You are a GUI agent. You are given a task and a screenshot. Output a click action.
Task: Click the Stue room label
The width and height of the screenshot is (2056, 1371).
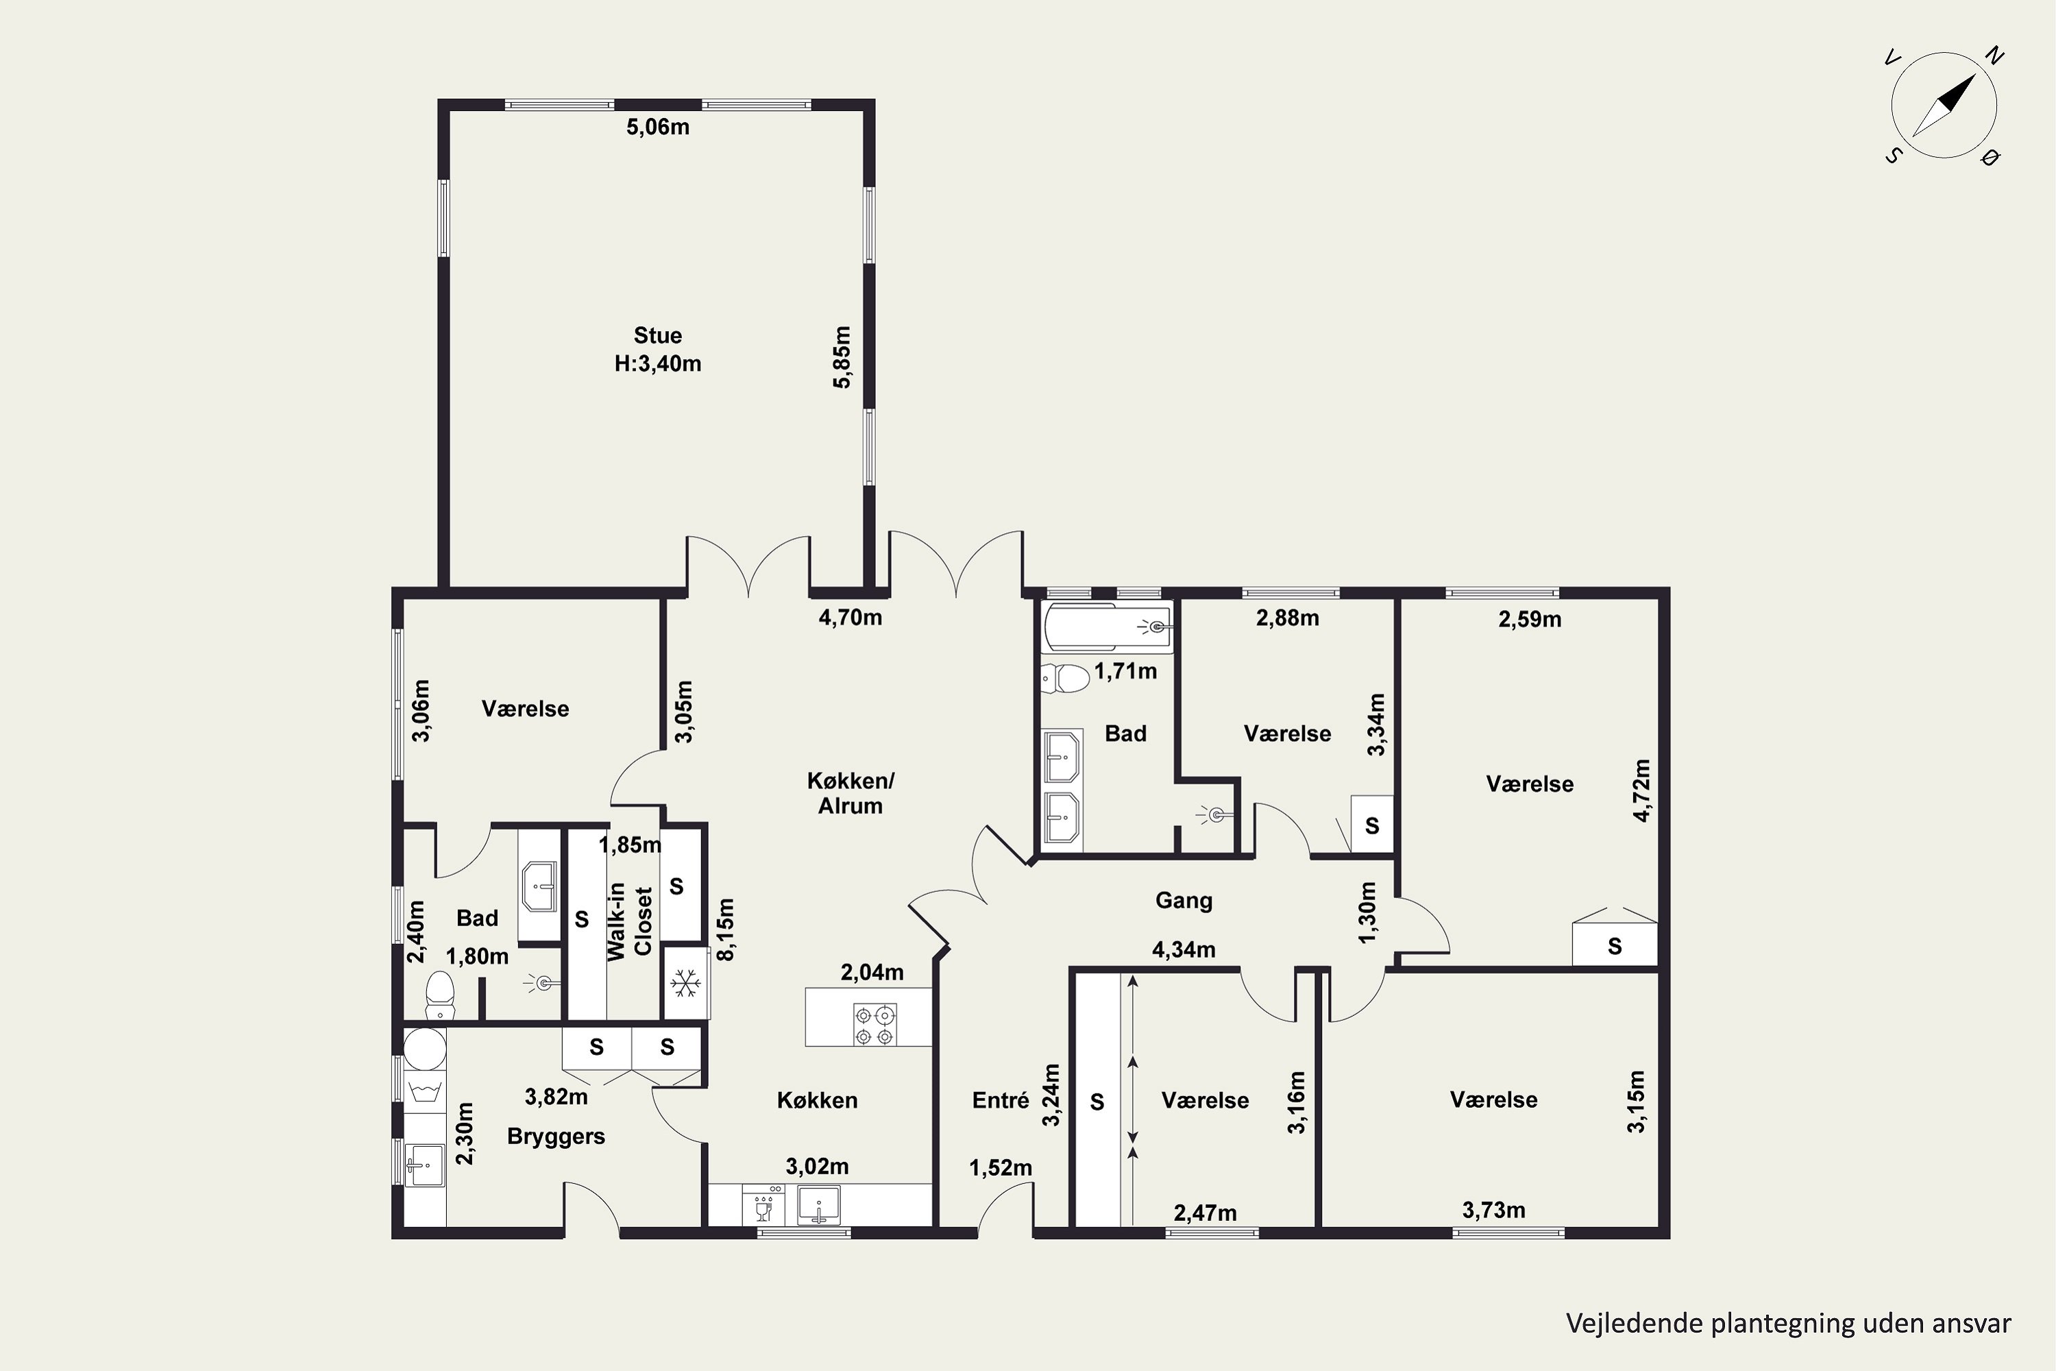[657, 336]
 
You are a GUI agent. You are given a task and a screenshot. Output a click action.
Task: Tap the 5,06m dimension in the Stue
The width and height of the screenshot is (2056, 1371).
[657, 128]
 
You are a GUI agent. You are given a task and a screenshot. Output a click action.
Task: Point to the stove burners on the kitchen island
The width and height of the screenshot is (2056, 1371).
[875, 1026]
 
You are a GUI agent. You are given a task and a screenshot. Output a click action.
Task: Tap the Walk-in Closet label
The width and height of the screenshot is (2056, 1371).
[629, 921]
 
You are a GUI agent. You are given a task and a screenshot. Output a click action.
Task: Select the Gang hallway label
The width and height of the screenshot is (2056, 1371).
[1184, 901]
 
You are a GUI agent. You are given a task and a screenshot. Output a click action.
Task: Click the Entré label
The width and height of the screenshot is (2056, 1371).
[1000, 1100]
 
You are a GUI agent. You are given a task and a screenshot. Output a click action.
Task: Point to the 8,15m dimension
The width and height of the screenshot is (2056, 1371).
[726, 930]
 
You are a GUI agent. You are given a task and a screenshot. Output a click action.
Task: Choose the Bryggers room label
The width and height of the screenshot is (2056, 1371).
[556, 1137]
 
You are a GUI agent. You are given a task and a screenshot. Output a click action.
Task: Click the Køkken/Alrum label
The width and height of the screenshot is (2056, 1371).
[850, 793]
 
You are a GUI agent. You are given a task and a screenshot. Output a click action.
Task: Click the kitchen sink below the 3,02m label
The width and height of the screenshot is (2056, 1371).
[818, 1206]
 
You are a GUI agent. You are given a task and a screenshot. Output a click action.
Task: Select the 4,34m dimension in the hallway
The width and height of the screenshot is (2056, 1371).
[1184, 949]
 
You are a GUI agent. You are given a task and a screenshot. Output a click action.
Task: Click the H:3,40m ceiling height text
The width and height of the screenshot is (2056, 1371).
[657, 364]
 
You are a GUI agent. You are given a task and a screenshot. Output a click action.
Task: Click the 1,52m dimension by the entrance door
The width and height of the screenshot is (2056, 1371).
[1000, 1167]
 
